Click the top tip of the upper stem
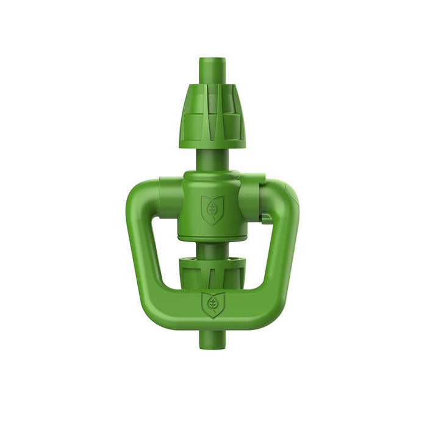212,60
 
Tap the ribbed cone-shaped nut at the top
212,110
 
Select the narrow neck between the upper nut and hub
212,160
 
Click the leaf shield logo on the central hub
213,210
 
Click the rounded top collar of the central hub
212,177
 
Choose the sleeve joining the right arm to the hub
253,195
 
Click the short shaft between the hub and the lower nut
212,248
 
